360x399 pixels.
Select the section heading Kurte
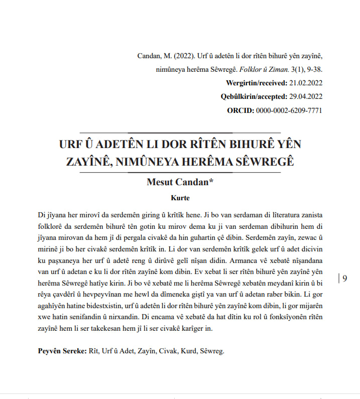[180, 198]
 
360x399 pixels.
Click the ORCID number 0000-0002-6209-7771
[289, 110]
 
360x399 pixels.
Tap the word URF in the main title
[70, 145]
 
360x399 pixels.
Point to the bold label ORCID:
[241, 110]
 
